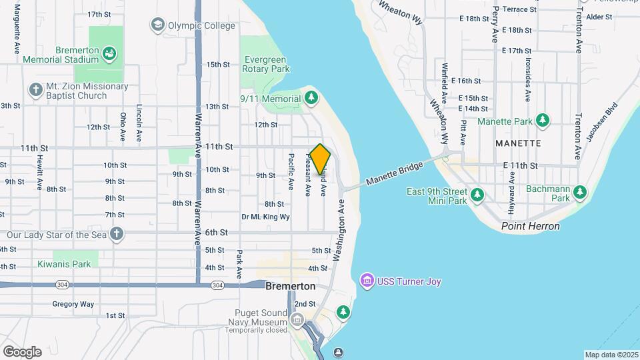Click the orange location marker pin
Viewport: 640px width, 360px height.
320,159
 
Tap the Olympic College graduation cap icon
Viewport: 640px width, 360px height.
157,25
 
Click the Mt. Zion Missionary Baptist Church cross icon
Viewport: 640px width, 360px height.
35,89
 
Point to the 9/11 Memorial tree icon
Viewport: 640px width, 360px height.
311,98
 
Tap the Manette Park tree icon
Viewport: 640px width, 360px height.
543,120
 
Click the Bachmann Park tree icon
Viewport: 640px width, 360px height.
581,192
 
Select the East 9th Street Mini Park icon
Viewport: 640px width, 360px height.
477,195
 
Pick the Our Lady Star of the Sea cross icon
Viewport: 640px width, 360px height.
117,234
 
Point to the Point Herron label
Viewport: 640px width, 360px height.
531,226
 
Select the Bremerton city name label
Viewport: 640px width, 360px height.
290,286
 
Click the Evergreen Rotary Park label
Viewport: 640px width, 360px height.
267,63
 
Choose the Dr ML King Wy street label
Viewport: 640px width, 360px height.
265,217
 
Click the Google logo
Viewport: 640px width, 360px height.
22,351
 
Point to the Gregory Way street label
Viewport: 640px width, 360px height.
73,304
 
